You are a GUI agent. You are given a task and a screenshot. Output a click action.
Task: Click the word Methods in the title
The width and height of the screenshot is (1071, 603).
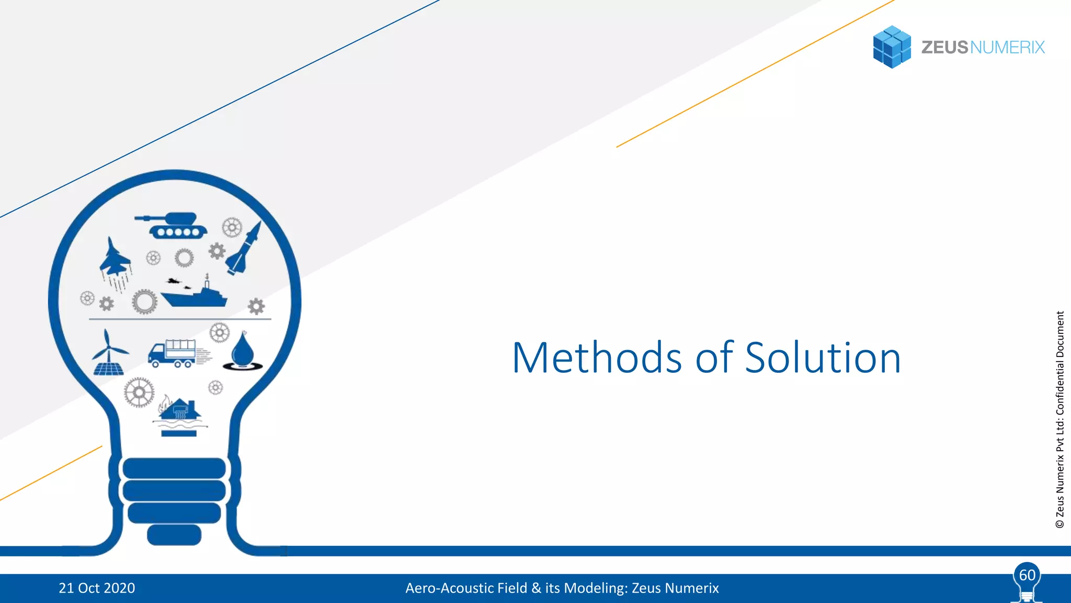597,358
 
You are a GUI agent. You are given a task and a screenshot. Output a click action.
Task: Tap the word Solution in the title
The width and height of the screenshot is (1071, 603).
823,358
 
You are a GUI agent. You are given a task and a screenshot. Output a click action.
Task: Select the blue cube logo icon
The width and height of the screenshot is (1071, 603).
892,47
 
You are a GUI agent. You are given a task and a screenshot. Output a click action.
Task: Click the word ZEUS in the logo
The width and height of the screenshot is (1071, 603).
944,47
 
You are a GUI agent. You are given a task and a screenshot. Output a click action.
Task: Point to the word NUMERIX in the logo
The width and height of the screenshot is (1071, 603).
1007,47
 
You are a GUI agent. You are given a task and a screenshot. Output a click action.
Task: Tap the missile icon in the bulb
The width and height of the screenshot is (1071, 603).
244,249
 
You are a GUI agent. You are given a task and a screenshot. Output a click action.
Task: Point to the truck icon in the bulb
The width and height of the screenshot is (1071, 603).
174,353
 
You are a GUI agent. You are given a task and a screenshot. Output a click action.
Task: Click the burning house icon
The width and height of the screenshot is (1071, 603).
179,414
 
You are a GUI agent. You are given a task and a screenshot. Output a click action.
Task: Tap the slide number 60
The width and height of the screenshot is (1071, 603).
1027,575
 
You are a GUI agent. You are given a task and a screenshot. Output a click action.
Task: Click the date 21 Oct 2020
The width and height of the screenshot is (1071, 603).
97,588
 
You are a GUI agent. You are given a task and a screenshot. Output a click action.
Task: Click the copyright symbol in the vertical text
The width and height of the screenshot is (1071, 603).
1060,523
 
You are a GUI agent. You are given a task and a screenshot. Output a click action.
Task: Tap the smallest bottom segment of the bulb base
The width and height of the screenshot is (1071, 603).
174,534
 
